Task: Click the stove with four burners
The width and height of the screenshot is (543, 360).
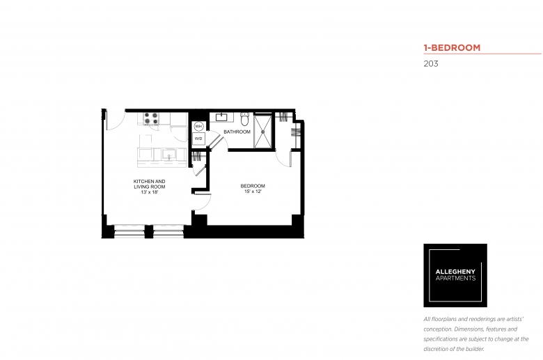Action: pos(151,118)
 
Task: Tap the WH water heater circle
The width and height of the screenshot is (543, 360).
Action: pos(198,127)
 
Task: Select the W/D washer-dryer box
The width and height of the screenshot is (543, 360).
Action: pos(198,139)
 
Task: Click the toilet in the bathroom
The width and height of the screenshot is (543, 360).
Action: pos(245,118)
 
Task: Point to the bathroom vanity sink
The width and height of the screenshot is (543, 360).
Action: pos(221,117)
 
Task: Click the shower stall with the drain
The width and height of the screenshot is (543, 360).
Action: pos(263,132)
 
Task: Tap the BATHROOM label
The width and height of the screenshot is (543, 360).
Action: pos(237,132)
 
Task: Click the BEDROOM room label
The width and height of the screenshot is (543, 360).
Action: pos(253,186)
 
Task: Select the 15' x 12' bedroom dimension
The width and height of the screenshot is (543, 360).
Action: pos(253,191)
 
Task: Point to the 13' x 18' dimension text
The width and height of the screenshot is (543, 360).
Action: pos(150,192)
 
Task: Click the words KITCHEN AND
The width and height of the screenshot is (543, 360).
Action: pos(149,182)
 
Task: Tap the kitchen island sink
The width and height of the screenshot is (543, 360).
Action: pos(169,154)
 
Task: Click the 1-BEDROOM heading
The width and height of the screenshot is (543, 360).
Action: pos(452,48)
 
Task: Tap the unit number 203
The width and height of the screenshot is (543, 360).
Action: pos(431,64)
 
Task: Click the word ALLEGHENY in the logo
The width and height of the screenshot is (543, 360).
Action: pos(455,272)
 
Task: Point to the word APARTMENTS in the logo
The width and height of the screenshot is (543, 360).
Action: pos(455,279)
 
